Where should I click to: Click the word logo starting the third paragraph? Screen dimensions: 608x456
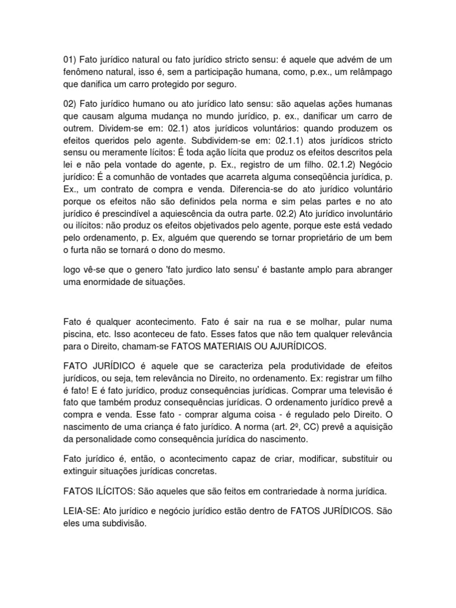point(72,270)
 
